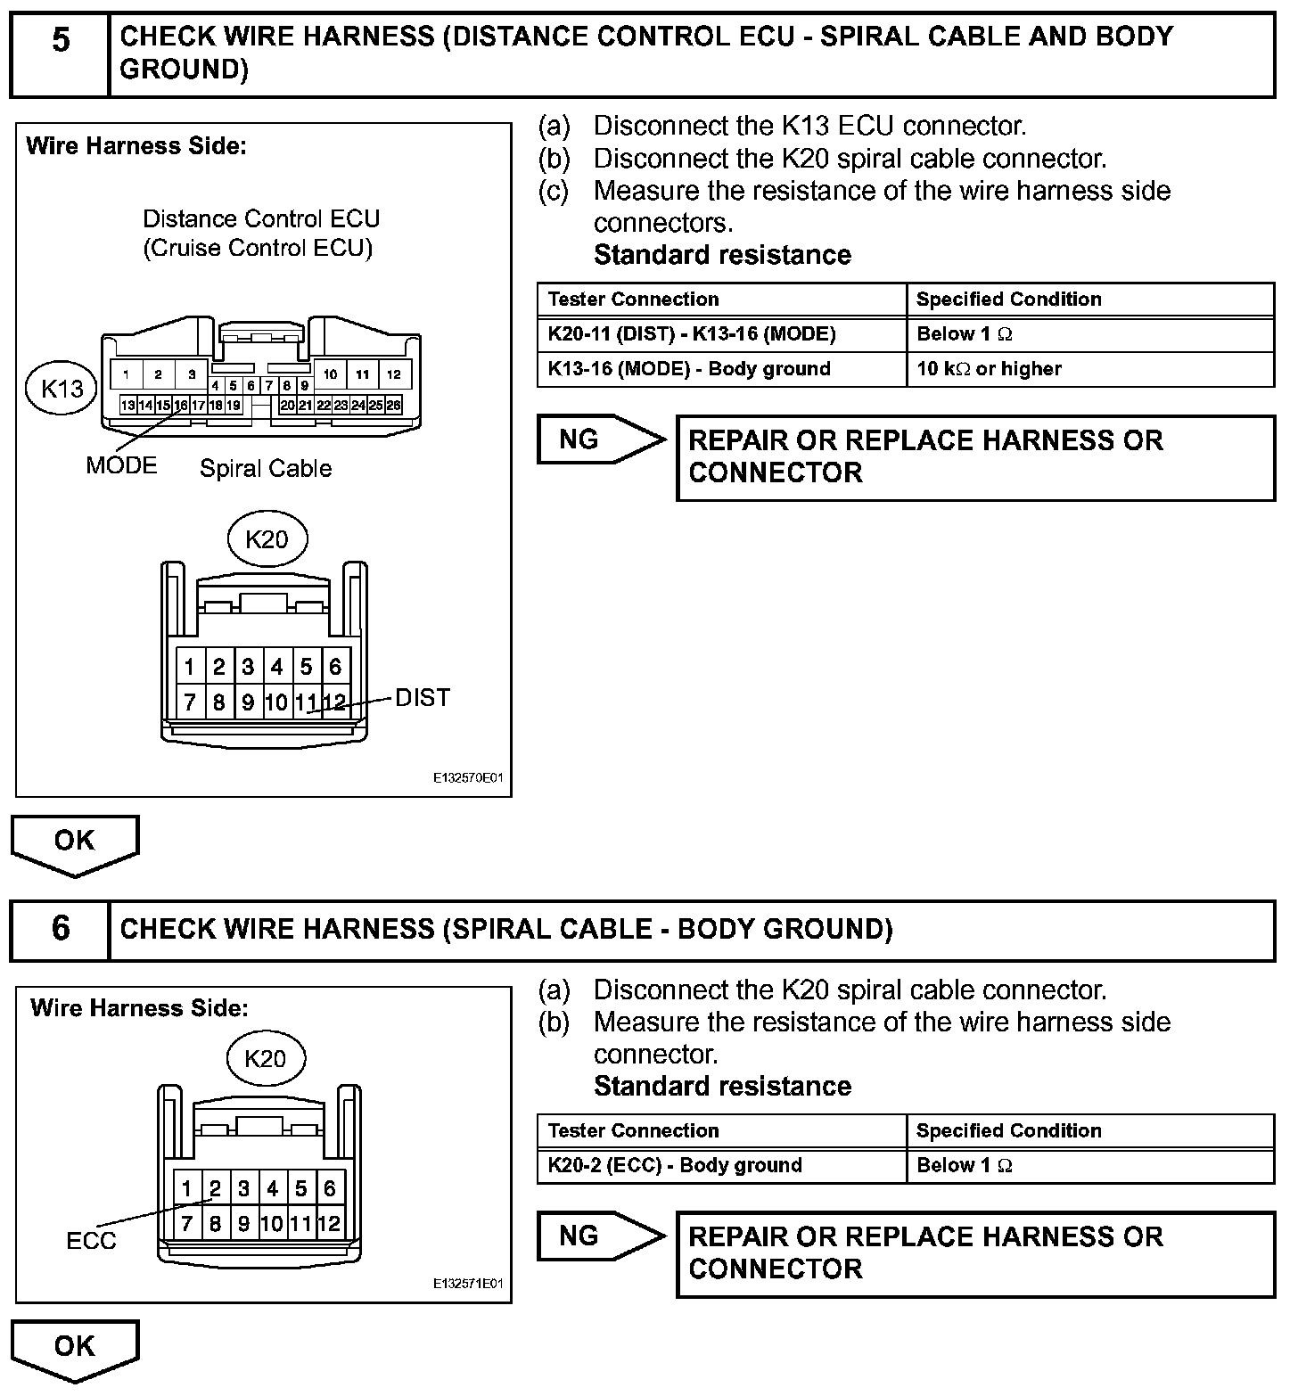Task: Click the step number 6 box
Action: [60, 929]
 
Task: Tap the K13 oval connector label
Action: [62, 388]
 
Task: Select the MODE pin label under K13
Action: [121, 465]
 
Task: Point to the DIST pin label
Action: [423, 697]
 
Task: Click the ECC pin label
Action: [91, 1240]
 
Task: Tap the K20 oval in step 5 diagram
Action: [267, 538]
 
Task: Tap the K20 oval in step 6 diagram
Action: [265, 1058]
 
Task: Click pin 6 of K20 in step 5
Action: [335, 667]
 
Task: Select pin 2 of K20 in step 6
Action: [215, 1188]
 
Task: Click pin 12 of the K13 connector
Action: [393, 374]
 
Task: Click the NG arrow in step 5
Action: [599, 439]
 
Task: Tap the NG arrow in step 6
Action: [599, 1236]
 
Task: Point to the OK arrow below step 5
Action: [75, 842]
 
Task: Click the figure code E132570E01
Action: [468, 778]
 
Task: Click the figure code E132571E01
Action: [468, 1284]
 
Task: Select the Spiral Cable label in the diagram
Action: [266, 469]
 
